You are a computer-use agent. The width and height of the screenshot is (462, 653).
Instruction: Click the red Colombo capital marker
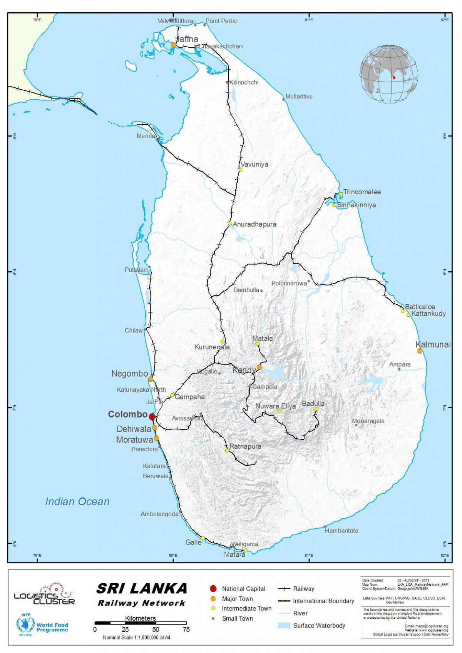point(152,416)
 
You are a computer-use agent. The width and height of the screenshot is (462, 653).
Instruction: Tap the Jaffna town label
point(187,39)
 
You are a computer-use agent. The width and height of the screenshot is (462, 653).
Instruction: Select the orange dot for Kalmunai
point(420,351)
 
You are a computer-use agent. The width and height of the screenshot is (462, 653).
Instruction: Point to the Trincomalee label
point(362,192)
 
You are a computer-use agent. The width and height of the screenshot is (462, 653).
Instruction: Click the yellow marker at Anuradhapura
point(229,223)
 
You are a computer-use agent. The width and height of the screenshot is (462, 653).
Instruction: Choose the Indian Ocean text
point(77,501)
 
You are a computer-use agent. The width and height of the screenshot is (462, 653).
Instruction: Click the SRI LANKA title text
point(141,588)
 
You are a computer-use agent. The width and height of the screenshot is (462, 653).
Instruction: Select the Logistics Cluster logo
point(45,596)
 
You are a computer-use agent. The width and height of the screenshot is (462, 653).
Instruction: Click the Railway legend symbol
point(284,589)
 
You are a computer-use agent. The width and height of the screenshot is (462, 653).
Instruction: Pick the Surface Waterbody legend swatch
point(284,626)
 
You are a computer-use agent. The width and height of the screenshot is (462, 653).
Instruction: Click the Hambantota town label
point(341,531)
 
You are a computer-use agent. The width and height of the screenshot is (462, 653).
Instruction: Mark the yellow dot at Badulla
point(316,409)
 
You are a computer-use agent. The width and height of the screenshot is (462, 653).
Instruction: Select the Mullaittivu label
point(299,97)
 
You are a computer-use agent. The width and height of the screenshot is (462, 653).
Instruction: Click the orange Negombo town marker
point(151,379)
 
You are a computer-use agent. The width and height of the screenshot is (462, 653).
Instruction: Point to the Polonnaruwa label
point(289,283)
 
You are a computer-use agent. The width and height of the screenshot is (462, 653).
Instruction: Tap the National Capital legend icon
point(213,589)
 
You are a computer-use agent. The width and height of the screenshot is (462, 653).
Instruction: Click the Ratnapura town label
point(245,446)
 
